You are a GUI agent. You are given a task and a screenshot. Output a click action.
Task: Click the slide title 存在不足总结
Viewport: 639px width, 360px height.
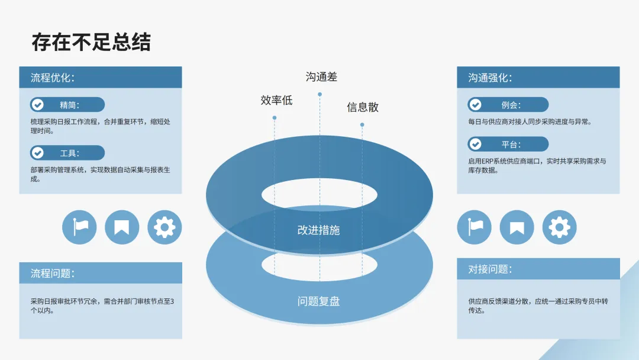tap(91, 42)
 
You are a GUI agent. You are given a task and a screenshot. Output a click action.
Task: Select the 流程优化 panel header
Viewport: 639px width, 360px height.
tap(100, 78)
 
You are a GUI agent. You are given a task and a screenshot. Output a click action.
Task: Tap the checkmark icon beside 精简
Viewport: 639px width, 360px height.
tap(38, 105)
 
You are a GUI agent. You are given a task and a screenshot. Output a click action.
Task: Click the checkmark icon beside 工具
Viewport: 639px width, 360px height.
tap(38, 153)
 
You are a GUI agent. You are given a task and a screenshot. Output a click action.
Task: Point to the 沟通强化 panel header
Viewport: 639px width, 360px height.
tap(538, 78)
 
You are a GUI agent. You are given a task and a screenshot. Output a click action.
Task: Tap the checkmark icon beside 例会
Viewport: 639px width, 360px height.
tap(475, 105)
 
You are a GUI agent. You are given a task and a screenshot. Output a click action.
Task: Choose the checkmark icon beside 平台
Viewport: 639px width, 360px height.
tap(475, 144)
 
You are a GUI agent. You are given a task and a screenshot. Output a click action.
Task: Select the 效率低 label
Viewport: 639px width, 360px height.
tap(276, 100)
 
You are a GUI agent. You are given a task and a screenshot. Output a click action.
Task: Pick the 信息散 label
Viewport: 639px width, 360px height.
tap(363, 107)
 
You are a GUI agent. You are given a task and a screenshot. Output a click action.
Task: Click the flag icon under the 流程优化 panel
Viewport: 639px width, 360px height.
tap(79, 227)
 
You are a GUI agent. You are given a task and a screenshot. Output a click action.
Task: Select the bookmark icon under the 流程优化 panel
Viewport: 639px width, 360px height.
tap(122, 227)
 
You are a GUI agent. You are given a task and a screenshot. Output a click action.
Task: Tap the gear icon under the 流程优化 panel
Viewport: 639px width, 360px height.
tap(164, 227)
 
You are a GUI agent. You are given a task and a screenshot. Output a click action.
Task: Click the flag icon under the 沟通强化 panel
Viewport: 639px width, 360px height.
tap(475, 227)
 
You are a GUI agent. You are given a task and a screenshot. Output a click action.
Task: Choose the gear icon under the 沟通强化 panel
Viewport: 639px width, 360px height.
tap(559, 227)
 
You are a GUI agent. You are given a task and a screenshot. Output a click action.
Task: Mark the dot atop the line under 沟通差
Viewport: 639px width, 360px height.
tap(319, 94)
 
